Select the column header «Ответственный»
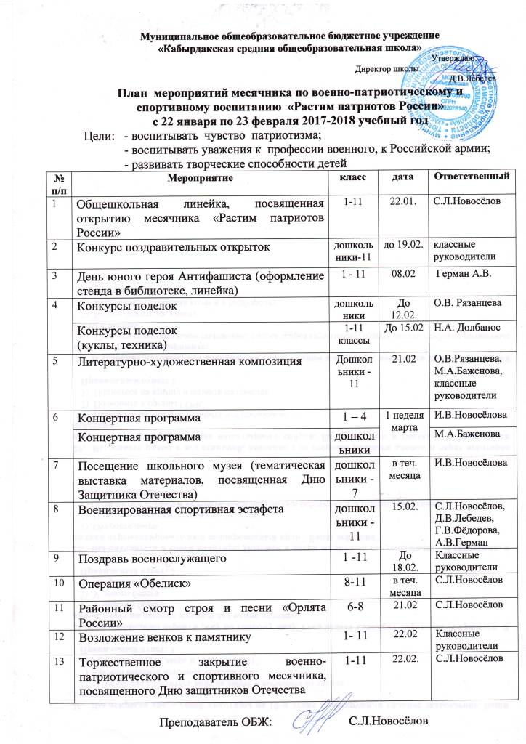(473, 177)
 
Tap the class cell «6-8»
(348, 604)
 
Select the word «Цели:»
(100, 136)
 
